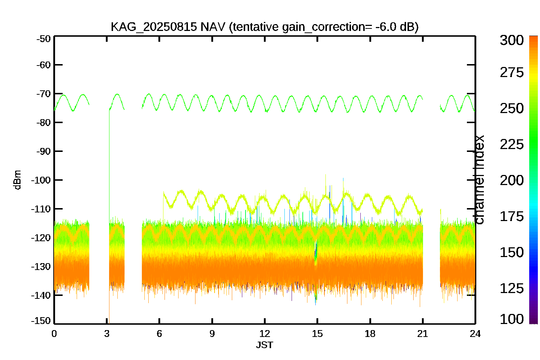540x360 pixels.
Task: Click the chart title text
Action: pyautogui.click(x=265, y=27)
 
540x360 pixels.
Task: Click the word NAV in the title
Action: pyautogui.click(x=213, y=27)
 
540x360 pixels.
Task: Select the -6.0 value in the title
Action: pyautogui.click(x=386, y=27)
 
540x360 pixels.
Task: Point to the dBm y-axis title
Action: pyautogui.click(x=18, y=180)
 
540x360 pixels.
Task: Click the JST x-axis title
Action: pyautogui.click(x=265, y=345)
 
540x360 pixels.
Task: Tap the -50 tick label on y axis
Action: pyautogui.click(x=44, y=39)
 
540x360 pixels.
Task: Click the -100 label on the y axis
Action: pyautogui.click(x=41, y=180)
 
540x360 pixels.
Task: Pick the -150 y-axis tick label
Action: pyautogui.click(x=41, y=321)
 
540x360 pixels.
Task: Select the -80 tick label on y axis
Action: pyautogui.click(x=44, y=122)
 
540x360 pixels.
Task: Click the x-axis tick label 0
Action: pyautogui.click(x=54, y=334)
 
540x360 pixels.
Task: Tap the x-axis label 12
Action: pyautogui.click(x=265, y=334)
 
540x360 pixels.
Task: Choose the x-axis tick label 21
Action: pyautogui.click(x=423, y=334)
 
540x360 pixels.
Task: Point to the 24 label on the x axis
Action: pyautogui.click(x=475, y=334)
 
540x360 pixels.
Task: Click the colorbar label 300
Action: pyautogui.click(x=512, y=40)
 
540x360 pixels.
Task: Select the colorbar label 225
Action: pyautogui.click(x=512, y=144)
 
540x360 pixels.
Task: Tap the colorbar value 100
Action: pyautogui.click(x=512, y=319)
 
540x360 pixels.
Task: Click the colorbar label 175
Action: pyautogui.click(x=512, y=216)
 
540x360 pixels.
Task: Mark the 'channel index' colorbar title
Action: pyautogui.click(x=479, y=180)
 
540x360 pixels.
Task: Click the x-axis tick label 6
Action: pyautogui.click(x=159, y=334)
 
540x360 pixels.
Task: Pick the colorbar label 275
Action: pyautogui.click(x=512, y=72)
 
